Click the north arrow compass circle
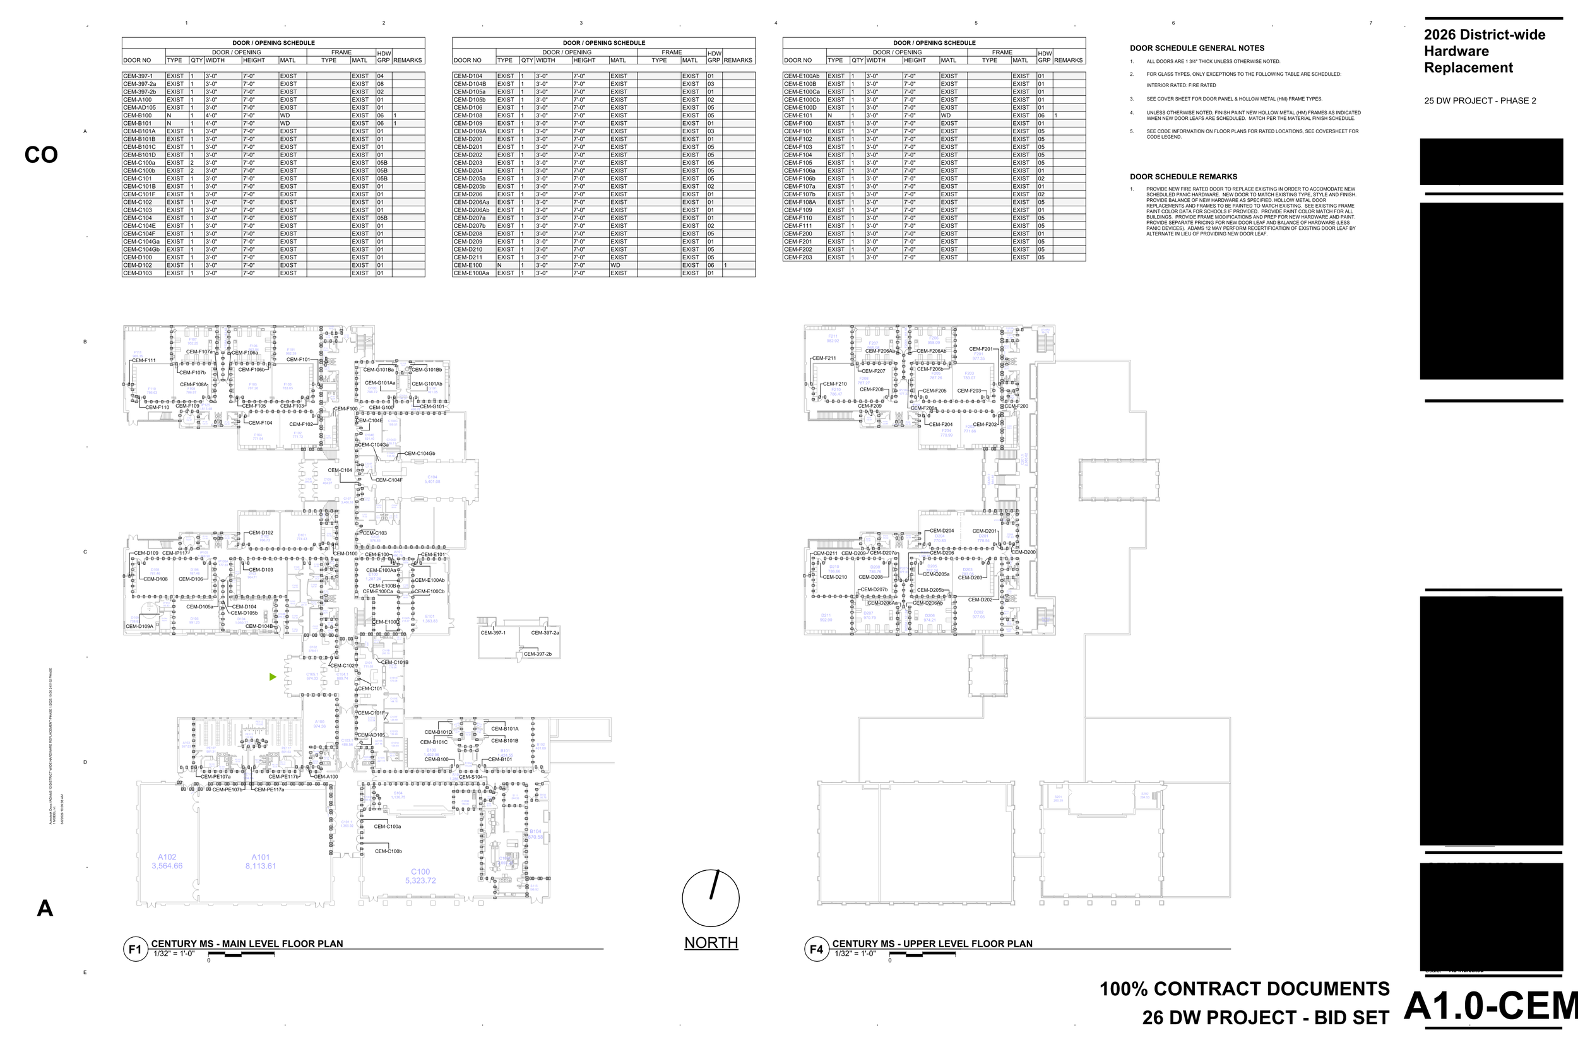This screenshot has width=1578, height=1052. [x=711, y=899]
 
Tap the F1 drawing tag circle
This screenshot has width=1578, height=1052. [x=135, y=949]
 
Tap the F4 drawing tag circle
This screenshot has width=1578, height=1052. [x=816, y=949]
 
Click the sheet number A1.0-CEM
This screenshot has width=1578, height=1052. [x=1490, y=1006]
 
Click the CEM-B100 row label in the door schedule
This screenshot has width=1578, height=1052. [x=137, y=115]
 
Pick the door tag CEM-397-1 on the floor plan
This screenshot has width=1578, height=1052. [x=493, y=633]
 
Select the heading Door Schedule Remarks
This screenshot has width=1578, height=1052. [x=1183, y=177]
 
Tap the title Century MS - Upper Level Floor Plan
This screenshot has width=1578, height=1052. [x=932, y=943]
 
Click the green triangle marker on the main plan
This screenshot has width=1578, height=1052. [x=273, y=677]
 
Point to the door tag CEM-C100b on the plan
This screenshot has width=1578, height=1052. [x=388, y=851]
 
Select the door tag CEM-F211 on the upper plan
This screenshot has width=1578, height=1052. [x=824, y=358]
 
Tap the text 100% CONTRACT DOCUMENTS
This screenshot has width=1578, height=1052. [x=1244, y=989]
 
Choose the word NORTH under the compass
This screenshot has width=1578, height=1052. [x=711, y=943]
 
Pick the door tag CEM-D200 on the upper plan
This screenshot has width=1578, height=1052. [x=1024, y=552]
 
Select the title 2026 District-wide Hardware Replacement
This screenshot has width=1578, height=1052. [x=1484, y=51]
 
